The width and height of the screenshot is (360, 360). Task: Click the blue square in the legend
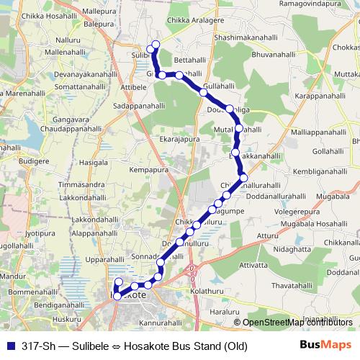(11, 345)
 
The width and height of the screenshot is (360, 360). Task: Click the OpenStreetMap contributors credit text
(299, 322)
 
